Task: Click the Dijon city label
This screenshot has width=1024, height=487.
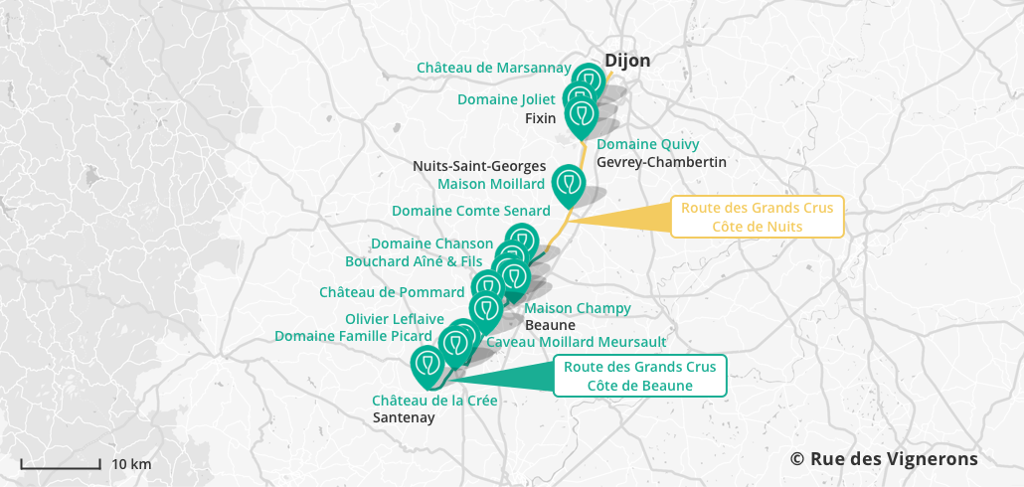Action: [x=627, y=61]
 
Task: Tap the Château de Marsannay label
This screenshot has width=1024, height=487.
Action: [x=493, y=68]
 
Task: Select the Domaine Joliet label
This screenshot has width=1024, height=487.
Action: [x=506, y=99]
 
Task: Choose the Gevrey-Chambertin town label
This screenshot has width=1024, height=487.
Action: [x=661, y=162]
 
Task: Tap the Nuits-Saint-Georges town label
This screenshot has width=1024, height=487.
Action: [x=479, y=166]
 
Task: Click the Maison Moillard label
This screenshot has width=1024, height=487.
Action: [x=491, y=183]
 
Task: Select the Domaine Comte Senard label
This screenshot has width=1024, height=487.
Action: [x=470, y=211]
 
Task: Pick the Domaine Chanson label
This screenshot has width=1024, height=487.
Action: [x=431, y=243]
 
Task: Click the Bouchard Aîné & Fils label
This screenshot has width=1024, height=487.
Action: [x=414, y=260]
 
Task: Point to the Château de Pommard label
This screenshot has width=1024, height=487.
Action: [x=392, y=292]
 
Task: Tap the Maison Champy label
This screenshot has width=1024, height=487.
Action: [x=577, y=308]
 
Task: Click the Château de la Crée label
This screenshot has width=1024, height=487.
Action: [x=434, y=400]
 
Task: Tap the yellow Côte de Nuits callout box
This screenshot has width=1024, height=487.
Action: [x=758, y=217]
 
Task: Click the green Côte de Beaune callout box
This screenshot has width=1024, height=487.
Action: [x=639, y=376]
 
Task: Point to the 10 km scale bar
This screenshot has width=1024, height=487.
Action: [x=61, y=464]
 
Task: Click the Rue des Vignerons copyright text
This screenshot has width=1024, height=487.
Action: [x=884, y=458]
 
